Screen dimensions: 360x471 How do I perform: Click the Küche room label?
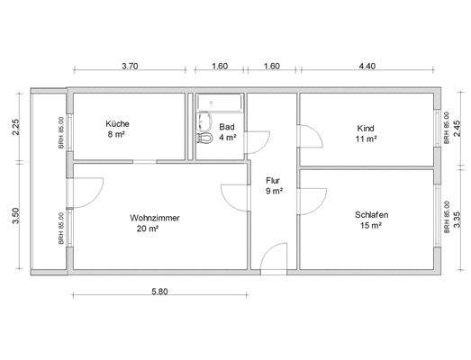117,124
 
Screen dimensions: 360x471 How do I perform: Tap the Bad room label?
226,128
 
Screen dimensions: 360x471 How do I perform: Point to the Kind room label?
365,129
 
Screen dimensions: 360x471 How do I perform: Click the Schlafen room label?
370,214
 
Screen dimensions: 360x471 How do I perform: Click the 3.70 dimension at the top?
130,66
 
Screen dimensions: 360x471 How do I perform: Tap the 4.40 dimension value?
367,66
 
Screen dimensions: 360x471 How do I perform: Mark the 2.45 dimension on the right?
457,127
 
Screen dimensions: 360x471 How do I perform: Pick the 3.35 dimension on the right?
457,218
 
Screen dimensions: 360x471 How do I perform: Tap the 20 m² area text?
145,229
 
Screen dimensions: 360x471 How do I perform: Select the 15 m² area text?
370,226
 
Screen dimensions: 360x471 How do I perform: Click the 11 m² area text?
365,140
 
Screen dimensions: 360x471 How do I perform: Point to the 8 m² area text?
117,136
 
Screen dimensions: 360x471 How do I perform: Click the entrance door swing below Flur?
269,257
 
